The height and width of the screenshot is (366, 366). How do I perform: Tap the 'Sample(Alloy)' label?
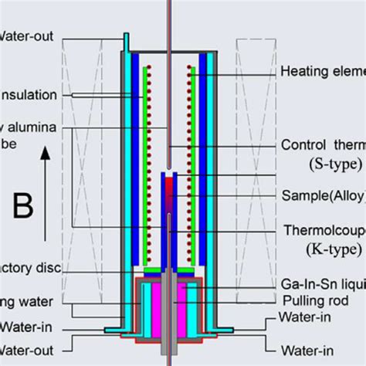[x=322, y=195]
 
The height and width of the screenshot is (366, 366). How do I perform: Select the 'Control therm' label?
[x=323, y=144]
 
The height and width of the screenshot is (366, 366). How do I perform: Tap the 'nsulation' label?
[x=29, y=95]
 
